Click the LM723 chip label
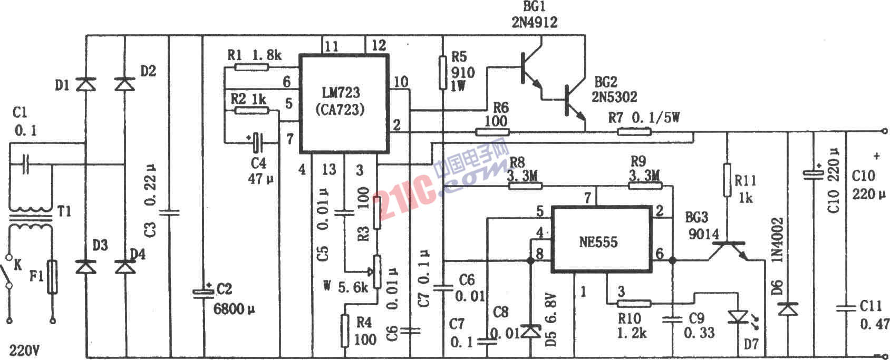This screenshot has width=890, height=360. pos(341,93)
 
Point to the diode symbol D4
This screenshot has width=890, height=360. pos(124,267)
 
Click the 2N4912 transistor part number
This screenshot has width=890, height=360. pos(534,22)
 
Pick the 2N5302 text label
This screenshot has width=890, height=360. pos(615,97)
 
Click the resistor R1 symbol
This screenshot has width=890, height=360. pos(250,67)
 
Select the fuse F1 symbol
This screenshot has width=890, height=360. pos(52,277)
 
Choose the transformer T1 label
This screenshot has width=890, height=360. pos(64,212)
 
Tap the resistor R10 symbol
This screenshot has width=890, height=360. pos(634,303)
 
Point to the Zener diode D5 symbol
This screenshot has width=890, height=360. pos(529,331)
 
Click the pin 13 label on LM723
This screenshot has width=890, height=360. pos(328,170)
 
